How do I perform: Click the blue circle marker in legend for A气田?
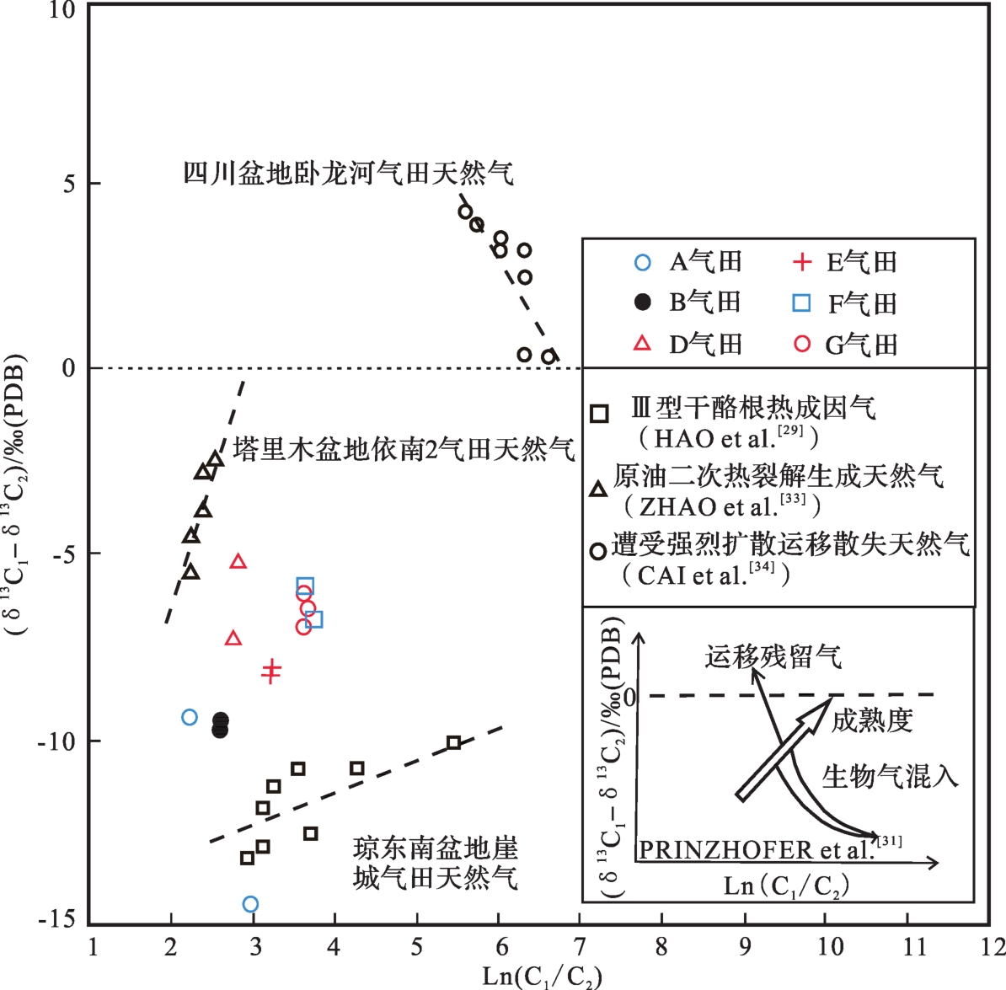point(642,262)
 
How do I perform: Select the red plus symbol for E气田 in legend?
point(802,262)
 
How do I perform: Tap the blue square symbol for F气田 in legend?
point(802,303)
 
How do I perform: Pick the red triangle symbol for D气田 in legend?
point(642,344)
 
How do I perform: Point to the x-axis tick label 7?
point(580,946)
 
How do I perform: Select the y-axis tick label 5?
point(69,184)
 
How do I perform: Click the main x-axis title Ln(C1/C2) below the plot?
point(542,977)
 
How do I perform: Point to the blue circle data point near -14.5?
point(250,904)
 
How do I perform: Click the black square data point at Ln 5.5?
point(454,742)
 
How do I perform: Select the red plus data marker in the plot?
point(270,672)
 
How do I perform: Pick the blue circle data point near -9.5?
point(190,717)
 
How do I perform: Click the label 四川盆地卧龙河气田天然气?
point(349,173)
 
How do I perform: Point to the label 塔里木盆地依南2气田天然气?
point(404,449)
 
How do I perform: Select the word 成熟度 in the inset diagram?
point(871,720)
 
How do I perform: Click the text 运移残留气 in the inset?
point(773,656)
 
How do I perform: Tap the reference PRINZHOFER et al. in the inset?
point(756,849)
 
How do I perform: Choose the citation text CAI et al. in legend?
point(705,575)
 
